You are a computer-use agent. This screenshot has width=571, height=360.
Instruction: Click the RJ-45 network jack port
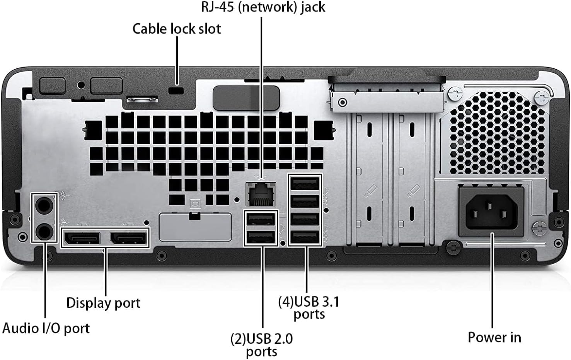click(261, 195)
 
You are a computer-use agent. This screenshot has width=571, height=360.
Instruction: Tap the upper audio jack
click(44, 205)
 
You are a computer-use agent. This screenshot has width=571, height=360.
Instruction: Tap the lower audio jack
click(44, 232)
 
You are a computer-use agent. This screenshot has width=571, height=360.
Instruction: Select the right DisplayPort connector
click(129, 238)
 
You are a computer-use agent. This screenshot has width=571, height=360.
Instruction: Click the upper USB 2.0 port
click(261, 219)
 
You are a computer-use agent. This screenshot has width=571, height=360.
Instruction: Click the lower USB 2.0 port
click(261, 236)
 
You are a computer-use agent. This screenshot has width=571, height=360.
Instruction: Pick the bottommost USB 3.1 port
click(305, 236)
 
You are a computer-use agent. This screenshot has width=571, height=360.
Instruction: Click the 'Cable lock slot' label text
click(177, 29)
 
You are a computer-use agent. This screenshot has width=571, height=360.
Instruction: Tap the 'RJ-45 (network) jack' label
click(263, 7)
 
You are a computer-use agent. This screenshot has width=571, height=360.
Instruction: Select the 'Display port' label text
click(103, 303)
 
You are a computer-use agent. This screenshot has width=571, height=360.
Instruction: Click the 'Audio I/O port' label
click(46, 328)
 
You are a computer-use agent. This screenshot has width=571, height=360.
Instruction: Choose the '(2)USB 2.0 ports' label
click(262, 345)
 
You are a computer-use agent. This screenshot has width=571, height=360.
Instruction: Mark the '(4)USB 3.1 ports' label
click(309, 308)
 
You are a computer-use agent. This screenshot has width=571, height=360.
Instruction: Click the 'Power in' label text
click(494, 337)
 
